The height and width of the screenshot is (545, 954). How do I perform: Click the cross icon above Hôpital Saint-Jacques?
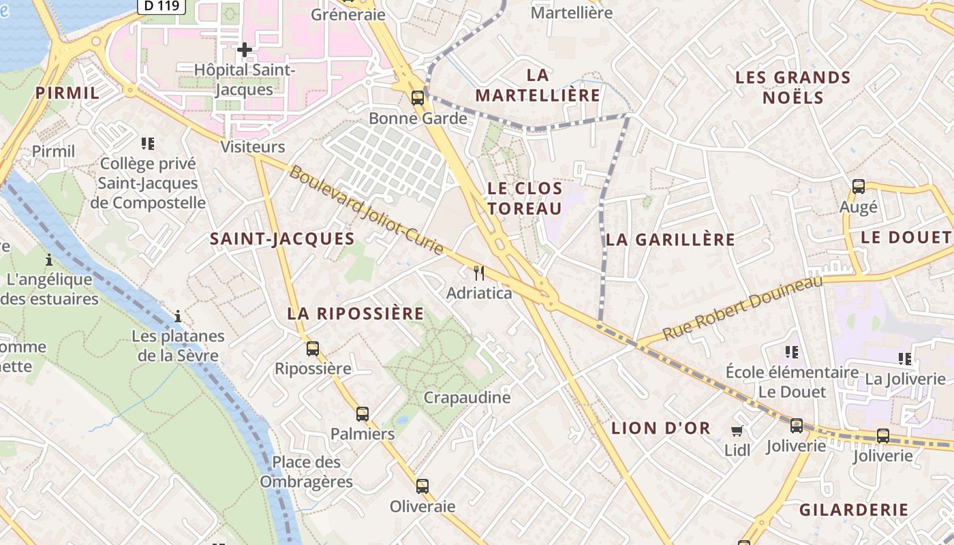pyautogui.click(x=245, y=49)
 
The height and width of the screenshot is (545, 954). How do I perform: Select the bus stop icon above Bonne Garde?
pyautogui.click(x=418, y=97)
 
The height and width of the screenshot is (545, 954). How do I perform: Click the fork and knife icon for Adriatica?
pyautogui.click(x=479, y=273)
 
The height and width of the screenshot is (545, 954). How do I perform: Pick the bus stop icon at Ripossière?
pyautogui.click(x=313, y=349)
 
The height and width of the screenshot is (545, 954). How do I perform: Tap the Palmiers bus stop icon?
pyautogui.click(x=363, y=414)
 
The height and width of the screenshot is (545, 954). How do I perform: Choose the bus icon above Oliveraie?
pyautogui.click(x=422, y=486)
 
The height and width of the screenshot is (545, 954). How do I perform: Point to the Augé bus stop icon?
pyautogui.click(x=859, y=186)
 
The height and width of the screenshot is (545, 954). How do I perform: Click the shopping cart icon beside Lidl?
pyautogui.click(x=737, y=431)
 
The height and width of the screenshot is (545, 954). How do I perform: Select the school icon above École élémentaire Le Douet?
pyautogui.click(x=792, y=352)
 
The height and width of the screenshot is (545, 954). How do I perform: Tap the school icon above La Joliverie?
pyautogui.click(x=905, y=358)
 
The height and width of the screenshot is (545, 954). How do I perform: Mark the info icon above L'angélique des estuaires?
pyautogui.click(x=49, y=260)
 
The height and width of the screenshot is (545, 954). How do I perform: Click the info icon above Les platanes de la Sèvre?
pyautogui.click(x=178, y=316)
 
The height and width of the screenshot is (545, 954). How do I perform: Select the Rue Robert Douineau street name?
pyautogui.click(x=743, y=308)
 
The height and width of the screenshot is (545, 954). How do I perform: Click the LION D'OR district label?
pyautogui.click(x=661, y=429)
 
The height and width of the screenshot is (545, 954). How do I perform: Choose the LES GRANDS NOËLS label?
pyautogui.click(x=793, y=87)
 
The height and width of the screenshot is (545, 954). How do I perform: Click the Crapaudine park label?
pyautogui.click(x=467, y=397)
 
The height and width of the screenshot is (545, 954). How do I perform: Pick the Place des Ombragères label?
pyautogui.click(x=306, y=471)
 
